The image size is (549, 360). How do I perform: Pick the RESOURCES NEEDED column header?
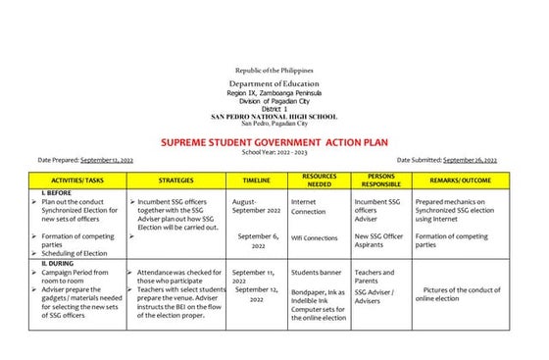click(x=320, y=180)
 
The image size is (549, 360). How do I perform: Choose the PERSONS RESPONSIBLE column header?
click(x=381, y=180)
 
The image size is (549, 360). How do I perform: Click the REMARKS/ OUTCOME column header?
click(x=461, y=180)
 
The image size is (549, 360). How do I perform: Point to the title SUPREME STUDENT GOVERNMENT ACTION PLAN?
click(x=274, y=142)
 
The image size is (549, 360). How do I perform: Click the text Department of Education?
click(x=274, y=85)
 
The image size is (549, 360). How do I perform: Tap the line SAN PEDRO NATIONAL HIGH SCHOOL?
click(x=274, y=117)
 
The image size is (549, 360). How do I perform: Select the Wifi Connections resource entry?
click(x=315, y=237)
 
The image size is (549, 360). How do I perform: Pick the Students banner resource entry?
click(x=317, y=273)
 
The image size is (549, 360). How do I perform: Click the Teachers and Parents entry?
click(x=374, y=278)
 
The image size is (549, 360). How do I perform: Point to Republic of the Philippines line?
click(x=274, y=72)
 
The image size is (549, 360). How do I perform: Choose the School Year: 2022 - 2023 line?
click(x=274, y=152)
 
